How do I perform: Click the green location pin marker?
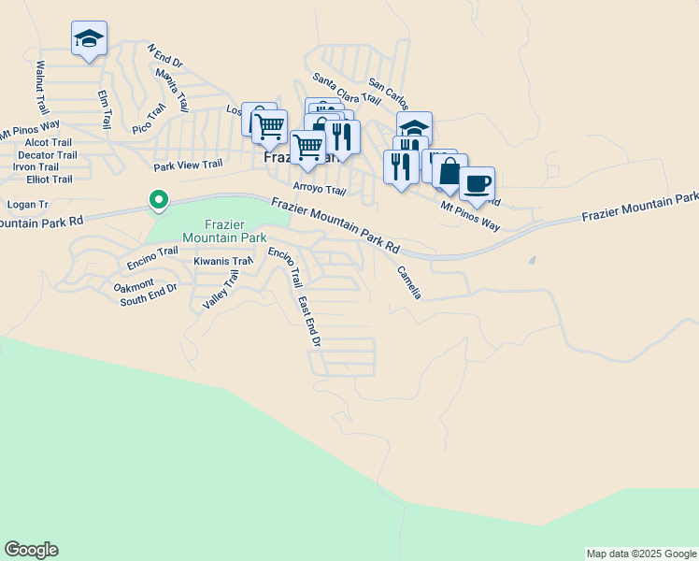pyautogui.click(x=159, y=199)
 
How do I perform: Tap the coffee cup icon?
pyautogui.click(x=477, y=182)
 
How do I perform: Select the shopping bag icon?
pyautogui.click(x=449, y=171)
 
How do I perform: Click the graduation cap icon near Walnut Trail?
pyautogui.click(x=89, y=38)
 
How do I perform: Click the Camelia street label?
pyautogui.click(x=409, y=282)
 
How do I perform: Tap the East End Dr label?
pyautogui.click(x=309, y=323)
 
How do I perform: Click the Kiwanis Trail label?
pyautogui.click(x=223, y=262)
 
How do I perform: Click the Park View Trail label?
pyautogui.click(x=188, y=165)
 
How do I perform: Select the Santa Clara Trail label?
pyautogui.click(x=346, y=88)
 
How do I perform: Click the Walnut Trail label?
pyautogui.click(x=41, y=84)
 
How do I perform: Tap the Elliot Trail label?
pyautogui.click(x=50, y=179)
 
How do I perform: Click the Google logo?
pyautogui.click(x=31, y=550)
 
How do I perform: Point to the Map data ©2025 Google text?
pyautogui.click(x=641, y=554)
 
